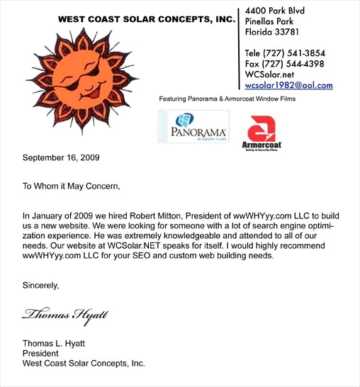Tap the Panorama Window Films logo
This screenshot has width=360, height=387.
click(x=193, y=128)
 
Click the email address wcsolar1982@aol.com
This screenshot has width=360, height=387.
click(x=288, y=85)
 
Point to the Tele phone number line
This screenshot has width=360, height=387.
click(x=284, y=53)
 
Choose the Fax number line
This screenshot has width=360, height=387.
click(x=284, y=64)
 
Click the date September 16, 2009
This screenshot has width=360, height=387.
click(x=61, y=157)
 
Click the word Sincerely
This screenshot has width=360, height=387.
click(x=41, y=286)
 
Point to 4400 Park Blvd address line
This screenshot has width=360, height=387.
click(x=279, y=11)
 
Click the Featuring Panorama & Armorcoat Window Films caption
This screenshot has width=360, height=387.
click(x=227, y=99)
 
